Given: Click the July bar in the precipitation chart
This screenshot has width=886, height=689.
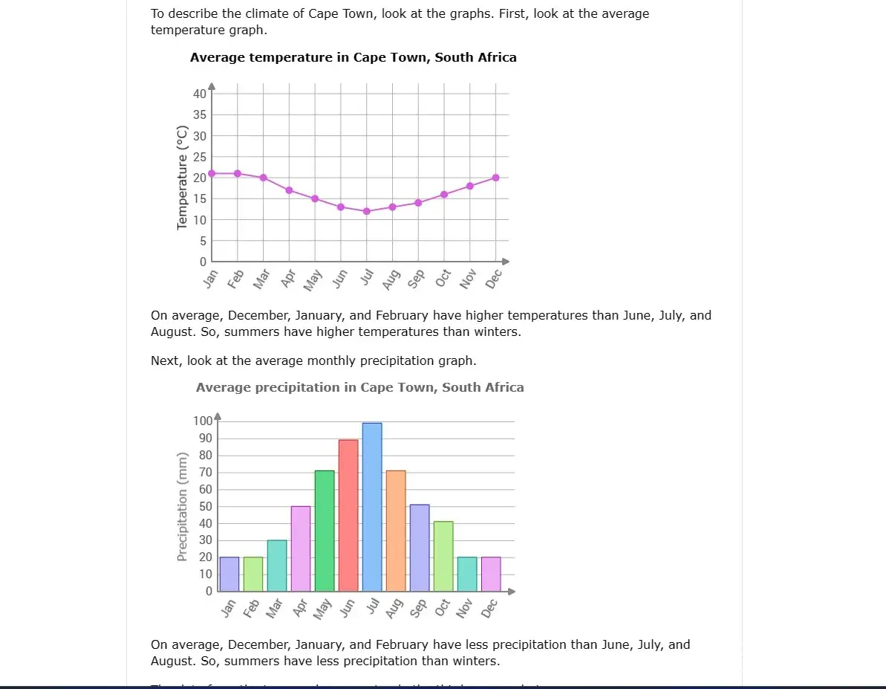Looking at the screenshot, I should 372,507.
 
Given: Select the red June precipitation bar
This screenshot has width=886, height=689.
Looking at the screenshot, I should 348,515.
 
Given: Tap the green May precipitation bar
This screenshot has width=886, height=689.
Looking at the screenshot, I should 325,531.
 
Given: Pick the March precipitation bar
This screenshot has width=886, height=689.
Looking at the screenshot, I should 277,565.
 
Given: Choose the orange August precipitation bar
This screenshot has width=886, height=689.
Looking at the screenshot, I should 396,531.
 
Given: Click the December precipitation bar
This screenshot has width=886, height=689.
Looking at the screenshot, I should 491,574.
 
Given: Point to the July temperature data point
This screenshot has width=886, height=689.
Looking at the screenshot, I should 367,211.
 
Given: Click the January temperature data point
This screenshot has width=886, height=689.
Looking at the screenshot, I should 212,173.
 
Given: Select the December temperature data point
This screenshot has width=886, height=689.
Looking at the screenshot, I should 495,178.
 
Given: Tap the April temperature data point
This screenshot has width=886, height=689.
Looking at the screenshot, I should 289,190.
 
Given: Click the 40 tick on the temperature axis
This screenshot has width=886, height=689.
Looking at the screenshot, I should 200,94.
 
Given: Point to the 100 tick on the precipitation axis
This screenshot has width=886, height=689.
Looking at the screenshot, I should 203,421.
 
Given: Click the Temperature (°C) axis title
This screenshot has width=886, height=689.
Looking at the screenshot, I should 182,178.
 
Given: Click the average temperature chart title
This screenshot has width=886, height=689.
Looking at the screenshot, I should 353,57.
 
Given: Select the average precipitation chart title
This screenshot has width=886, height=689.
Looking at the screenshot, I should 359,387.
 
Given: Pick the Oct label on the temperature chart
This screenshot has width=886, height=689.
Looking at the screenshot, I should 443,278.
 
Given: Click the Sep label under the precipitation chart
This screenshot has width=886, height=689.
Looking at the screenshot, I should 418,608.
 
